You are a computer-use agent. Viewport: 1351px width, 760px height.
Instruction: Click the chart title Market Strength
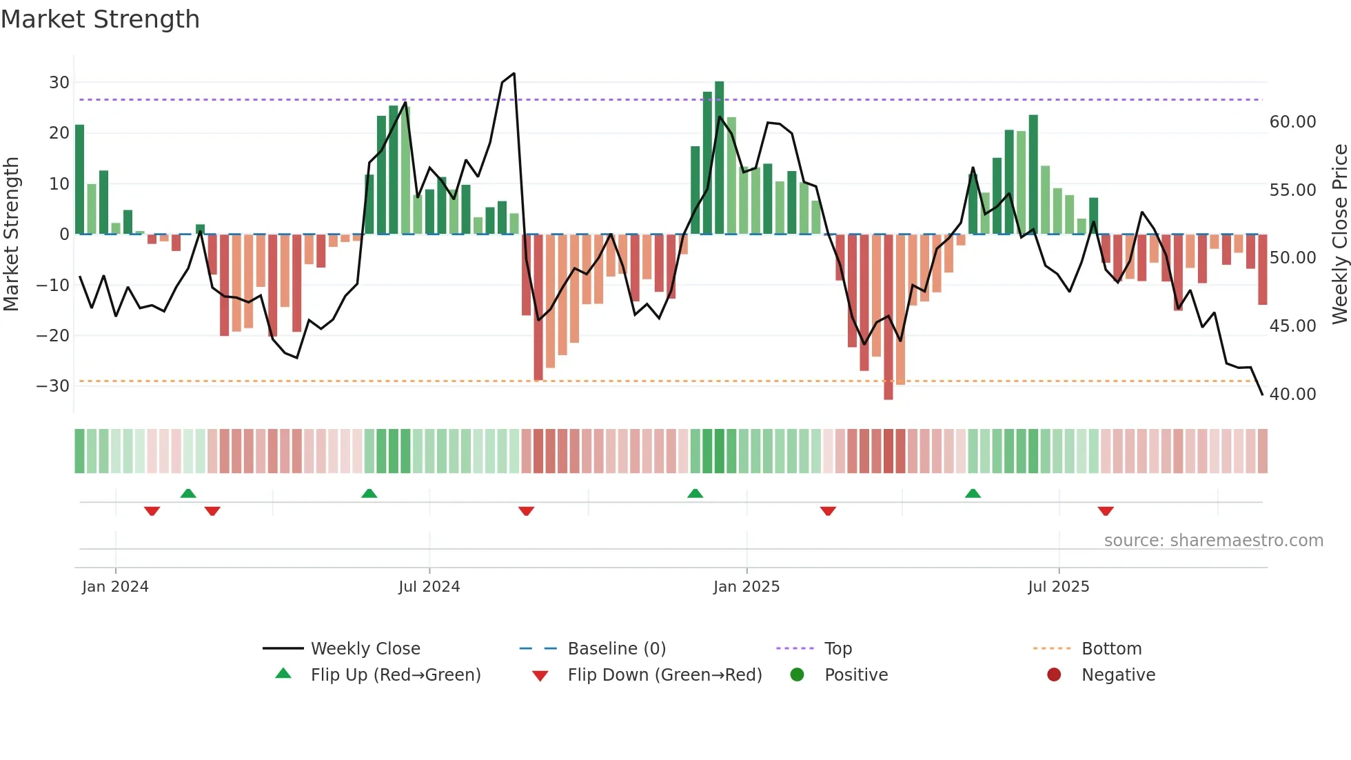pos(100,19)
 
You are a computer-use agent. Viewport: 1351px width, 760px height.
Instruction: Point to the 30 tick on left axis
pos(59,83)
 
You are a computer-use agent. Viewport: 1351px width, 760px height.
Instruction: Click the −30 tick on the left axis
pos(53,386)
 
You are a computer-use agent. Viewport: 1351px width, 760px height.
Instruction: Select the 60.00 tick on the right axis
pos(1292,122)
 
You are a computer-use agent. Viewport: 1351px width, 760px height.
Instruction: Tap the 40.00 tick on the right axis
pos(1292,394)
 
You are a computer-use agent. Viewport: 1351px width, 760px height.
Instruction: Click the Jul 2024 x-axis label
pos(429,587)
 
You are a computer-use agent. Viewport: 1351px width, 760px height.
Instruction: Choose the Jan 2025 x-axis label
pos(746,587)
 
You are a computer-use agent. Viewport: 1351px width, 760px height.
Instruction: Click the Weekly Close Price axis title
pos(1339,234)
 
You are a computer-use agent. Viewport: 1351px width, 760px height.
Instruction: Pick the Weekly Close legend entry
pos(365,649)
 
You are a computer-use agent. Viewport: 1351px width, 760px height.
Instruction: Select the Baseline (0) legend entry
pos(616,649)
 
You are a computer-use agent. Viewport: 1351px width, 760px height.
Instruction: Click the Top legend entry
pos(837,649)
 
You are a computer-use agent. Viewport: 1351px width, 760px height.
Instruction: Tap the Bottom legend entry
pos(1111,649)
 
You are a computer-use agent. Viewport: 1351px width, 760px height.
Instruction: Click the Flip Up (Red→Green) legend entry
pos(395,675)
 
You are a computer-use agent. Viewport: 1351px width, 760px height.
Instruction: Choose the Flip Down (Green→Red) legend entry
pos(664,675)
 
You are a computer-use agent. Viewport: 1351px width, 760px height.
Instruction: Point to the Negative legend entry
pos(1117,675)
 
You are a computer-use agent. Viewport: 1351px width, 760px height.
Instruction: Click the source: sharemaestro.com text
pos(1213,541)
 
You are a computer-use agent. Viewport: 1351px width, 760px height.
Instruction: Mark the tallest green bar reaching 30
pos(719,157)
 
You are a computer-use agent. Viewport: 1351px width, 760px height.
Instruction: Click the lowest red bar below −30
pos(888,317)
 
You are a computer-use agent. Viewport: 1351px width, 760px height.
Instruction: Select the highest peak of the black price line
pos(514,74)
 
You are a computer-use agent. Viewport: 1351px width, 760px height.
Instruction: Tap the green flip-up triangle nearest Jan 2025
pos(695,493)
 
